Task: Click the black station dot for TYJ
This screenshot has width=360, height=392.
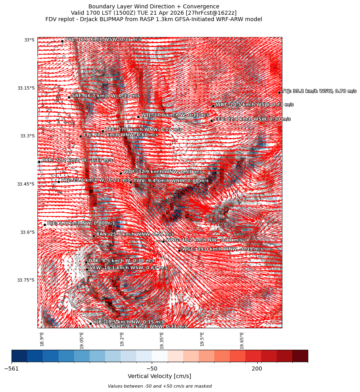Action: tap(279, 92)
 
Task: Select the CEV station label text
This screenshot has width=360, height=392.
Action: tap(252, 119)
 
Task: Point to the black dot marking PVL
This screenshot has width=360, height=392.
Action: tap(62, 41)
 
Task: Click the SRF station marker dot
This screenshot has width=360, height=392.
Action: tap(69, 97)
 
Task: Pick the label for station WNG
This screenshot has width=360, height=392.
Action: tap(204, 240)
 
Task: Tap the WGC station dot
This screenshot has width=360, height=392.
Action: tap(179, 251)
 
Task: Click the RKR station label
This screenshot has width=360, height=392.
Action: tap(77, 160)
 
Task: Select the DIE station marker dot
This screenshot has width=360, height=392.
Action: tap(45, 225)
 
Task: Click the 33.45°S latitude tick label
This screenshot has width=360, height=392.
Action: tap(26, 184)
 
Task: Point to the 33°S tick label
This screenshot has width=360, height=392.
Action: tap(29, 40)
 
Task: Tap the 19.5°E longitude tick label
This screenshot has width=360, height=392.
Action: tap(202, 339)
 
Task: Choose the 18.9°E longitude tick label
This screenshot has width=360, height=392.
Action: tap(42, 339)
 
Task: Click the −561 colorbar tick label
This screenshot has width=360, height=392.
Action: tap(12, 368)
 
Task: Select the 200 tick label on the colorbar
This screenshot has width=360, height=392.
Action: tap(257, 368)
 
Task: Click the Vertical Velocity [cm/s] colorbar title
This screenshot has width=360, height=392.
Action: tap(159, 376)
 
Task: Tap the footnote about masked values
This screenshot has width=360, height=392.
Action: tap(160, 386)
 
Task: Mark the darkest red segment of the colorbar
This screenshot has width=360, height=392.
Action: tap(300, 356)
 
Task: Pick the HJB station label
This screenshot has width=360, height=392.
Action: tap(128, 322)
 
